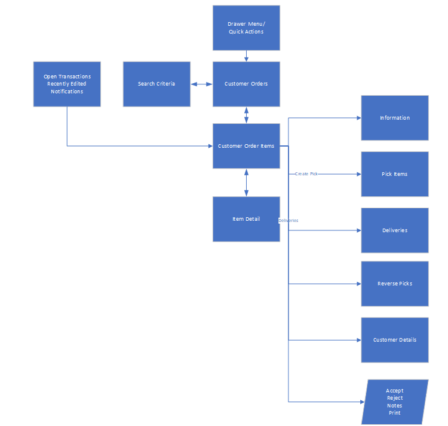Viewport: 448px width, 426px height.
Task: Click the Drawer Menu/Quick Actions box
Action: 246,28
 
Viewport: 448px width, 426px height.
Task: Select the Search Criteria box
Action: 157,84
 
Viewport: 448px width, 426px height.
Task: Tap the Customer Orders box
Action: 246,84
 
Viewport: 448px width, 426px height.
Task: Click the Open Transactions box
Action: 67,84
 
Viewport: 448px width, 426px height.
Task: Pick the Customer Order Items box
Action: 246,146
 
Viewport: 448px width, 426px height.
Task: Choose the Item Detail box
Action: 246,219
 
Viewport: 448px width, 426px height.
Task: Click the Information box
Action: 395,118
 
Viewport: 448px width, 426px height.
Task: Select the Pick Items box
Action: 395,174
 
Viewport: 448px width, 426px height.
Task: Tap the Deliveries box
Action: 395,230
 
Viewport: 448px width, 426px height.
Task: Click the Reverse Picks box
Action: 395,284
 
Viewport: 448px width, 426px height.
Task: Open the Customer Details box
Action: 395,340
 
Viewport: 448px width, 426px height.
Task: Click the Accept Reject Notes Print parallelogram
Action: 395,402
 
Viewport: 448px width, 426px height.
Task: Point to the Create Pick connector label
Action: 306,174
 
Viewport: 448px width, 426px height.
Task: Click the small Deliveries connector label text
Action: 289,221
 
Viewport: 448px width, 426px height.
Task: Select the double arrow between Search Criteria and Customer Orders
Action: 202,84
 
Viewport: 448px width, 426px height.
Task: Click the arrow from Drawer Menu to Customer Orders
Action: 246,56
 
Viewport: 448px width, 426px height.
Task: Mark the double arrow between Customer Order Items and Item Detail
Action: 246,182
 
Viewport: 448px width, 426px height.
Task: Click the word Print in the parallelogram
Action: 395,413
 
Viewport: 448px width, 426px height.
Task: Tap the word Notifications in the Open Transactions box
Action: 67,92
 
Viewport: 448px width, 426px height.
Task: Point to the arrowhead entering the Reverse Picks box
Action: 358,284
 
